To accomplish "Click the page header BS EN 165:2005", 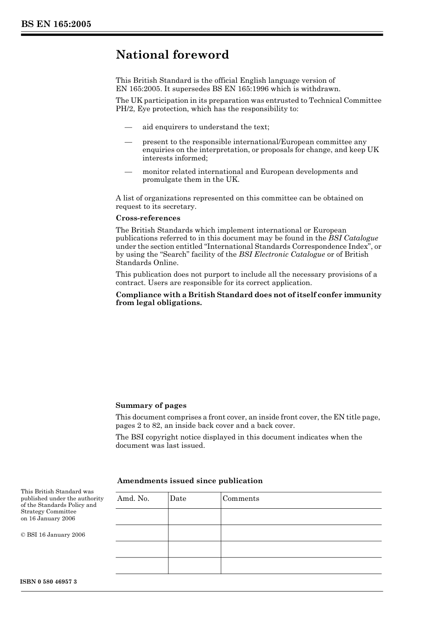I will (56, 24).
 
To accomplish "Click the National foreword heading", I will (172, 55).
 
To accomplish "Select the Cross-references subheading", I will (148, 218).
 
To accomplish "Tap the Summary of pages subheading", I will (151, 406).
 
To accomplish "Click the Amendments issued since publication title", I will (190, 481).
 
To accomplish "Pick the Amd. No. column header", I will (133, 499).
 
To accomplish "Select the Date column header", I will (178, 499).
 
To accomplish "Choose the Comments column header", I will (241, 499).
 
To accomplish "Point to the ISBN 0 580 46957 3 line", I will (49, 582).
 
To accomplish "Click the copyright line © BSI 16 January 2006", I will (53, 535).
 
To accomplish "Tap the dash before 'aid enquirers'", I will (128, 127).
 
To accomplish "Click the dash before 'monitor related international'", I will (128, 172).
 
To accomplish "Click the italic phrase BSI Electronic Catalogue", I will (281, 254).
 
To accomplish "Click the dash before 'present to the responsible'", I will (128, 142).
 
